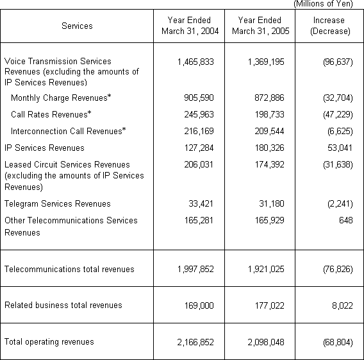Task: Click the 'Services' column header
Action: [x=77, y=26]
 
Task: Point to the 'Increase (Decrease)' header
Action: [x=329, y=26]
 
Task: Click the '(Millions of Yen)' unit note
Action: [x=328, y=4]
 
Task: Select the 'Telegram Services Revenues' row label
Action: [x=58, y=203]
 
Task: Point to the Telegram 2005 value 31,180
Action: [x=269, y=203]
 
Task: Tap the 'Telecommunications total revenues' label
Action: [x=69, y=269]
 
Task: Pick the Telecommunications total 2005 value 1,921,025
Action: [x=262, y=269]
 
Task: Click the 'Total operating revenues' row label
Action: [x=49, y=341]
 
